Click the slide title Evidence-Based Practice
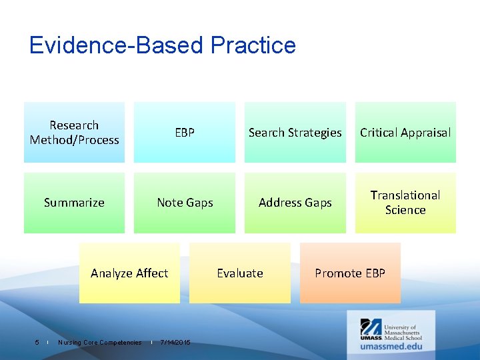(162, 45)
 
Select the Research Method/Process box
(74, 132)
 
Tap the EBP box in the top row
(185, 132)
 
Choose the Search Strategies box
(295, 132)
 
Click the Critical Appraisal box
(405, 132)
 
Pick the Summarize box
(74, 203)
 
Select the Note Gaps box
(185, 203)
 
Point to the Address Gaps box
(295, 203)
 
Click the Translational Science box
(405, 203)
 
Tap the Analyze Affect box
(129, 273)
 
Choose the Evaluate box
(240, 273)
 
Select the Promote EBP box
(350, 273)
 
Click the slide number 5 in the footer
(37, 343)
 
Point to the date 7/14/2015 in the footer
(175, 343)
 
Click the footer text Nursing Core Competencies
(99, 343)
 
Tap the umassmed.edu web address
(391, 346)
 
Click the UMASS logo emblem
(371, 329)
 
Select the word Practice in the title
(253, 45)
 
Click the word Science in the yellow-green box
(405, 210)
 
